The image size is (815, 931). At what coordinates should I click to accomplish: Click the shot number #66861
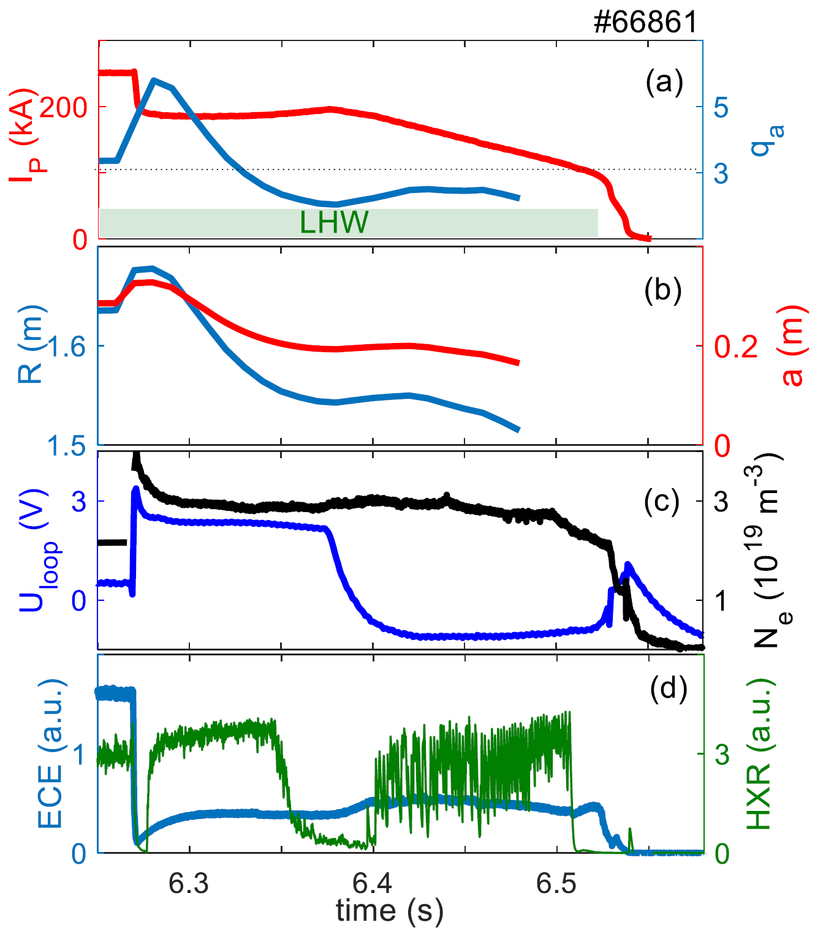pyautogui.click(x=646, y=23)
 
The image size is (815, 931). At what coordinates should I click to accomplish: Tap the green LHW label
pyautogui.click(x=334, y=223)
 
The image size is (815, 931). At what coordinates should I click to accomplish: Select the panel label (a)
pyautogui.click(x=664, y=81)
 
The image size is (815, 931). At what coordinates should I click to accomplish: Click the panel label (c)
pyautogui.click(x=662, y=501)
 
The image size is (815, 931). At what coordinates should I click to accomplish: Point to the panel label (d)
pyautogui.click(x=668, y=688)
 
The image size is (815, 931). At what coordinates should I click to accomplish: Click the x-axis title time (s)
pyautogui.click(x=389, y=911)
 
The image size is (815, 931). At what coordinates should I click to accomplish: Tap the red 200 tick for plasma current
pyautogui.click(x=64, y=108)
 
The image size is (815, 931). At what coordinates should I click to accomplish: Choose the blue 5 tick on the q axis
pyautogui.click(x=721, y=108)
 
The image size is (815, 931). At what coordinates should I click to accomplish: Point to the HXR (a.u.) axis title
pyautogui.click(x=760, y=755)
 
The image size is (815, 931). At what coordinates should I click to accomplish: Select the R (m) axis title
pyautogui.click(x=31, y=345)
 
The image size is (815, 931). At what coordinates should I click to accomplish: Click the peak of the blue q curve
pyautogui.click(x=153, y=80)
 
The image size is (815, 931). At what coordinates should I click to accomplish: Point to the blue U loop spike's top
pyautogui.click(x=135, y=489)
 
